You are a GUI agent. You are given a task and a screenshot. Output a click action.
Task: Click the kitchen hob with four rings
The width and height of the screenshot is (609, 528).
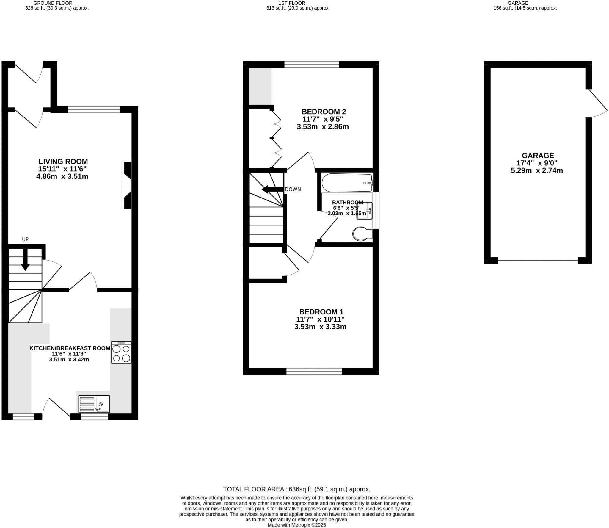coord(121,352)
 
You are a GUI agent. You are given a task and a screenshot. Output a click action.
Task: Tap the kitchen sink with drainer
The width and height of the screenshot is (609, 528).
coord(94,404)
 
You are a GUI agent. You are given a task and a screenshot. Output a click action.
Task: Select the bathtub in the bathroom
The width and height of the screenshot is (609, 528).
coord(347,183)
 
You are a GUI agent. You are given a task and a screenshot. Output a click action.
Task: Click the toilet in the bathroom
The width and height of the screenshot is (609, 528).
coord(361,234)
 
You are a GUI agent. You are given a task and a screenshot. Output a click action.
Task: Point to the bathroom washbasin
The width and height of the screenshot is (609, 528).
coord(365,211)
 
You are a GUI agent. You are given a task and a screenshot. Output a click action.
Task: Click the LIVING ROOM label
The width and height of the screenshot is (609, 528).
coord(63,162)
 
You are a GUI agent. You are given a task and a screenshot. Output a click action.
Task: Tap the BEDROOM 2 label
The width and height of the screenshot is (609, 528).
coord(324,112)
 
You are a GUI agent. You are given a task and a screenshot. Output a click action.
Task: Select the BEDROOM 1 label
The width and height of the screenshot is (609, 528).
coord(321,312)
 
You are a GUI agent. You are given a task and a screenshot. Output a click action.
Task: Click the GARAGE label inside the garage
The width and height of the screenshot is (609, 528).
coord(538,156)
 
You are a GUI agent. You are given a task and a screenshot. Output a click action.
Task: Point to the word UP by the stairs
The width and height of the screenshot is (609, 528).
coord(25,239)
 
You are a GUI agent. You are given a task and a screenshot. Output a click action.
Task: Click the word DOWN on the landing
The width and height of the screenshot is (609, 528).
coord(293,189)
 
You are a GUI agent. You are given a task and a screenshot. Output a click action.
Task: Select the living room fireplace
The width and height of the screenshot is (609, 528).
coord(127,185)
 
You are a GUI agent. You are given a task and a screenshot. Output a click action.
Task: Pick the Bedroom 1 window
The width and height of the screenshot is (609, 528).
coord(314,371)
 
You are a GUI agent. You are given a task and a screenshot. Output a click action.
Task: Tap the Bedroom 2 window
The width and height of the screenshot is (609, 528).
coord(311,64)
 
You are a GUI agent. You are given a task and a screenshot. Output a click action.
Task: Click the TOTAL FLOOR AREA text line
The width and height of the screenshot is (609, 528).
coord(296,489)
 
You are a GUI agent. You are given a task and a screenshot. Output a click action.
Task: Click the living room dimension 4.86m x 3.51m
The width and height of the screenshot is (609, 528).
coord(62,176)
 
